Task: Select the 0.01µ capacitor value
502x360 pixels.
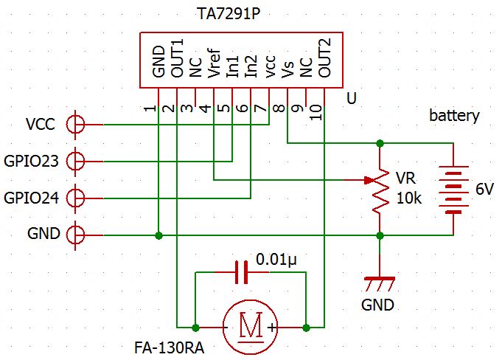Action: click(x=278, y=260)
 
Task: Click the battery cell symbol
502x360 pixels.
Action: click(x=454, y=189)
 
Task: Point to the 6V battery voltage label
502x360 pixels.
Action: click(x=484, y=190)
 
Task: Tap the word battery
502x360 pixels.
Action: click(x=454, y=116)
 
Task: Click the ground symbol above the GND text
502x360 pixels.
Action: click(x=380, y=281)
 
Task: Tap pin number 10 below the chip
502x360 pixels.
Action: click(x=316, y=111)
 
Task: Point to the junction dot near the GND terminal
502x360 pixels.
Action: click(x=158, y=235)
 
